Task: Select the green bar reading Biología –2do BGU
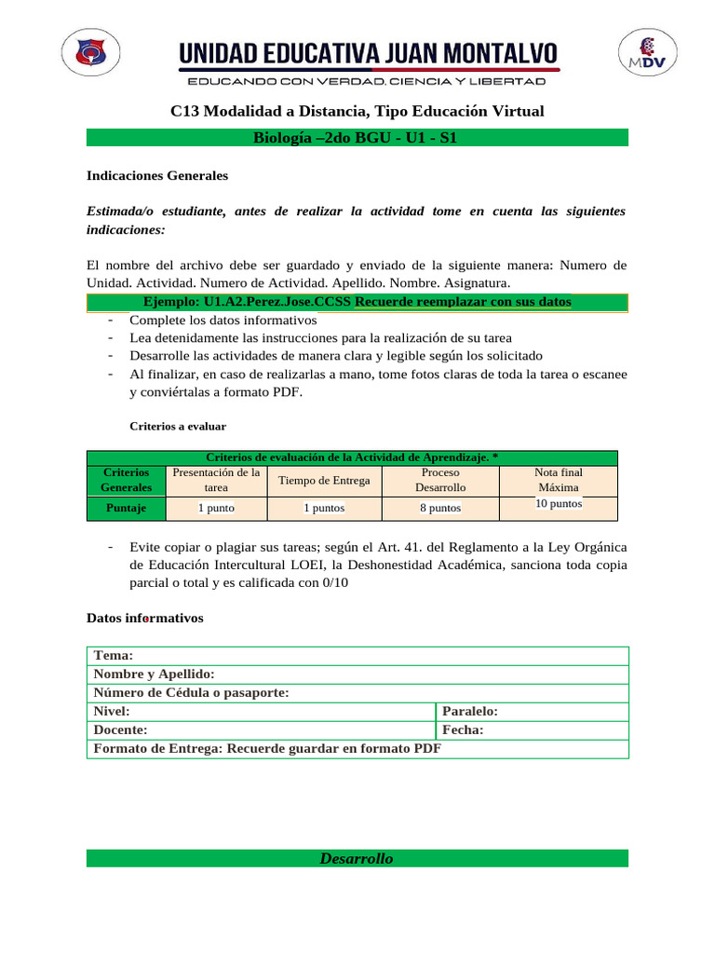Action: (357, 138)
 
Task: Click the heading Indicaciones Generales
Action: (156, 175)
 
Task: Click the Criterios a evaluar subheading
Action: (177, 426)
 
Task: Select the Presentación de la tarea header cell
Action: (216, 480)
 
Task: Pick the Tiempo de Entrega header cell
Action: (324, 480)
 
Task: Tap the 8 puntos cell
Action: (439, 508)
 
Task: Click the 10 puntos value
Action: (559, 503)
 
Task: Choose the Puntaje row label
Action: (125, 508)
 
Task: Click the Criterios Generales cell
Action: (125, 480)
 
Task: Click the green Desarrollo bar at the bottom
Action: (357, 858)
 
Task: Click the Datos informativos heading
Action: (144, 618)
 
